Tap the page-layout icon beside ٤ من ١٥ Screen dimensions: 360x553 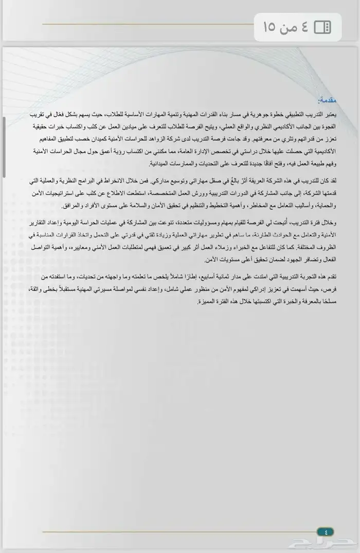[x=322, y=27]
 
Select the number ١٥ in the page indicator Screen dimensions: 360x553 [x=270, y=27]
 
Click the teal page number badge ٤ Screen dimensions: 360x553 [x=326, y=531]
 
